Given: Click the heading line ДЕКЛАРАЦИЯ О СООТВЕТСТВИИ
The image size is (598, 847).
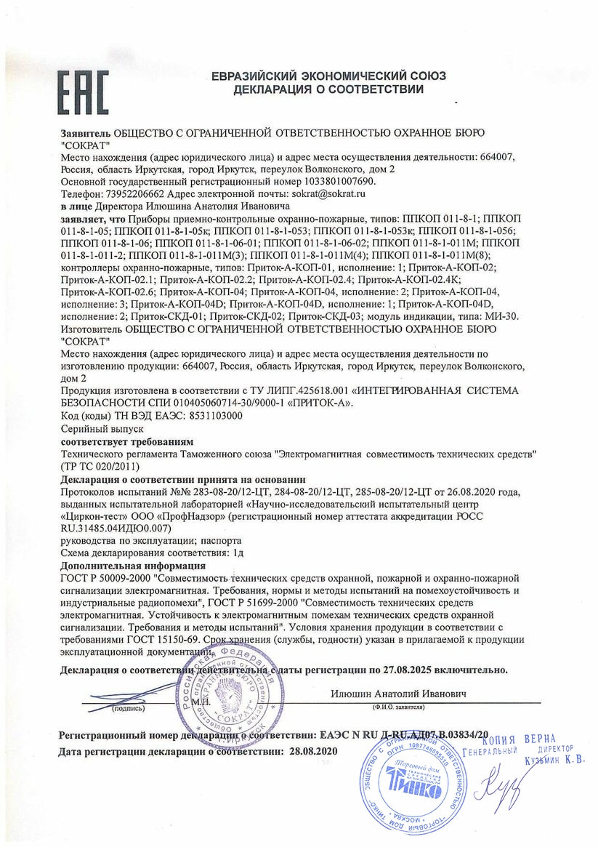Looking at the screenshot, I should [x=328, y=90].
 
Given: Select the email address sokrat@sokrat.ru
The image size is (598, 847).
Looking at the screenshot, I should [x=331, y=194].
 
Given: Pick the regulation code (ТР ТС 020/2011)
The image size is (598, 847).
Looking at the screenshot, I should [x=100, y=466].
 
